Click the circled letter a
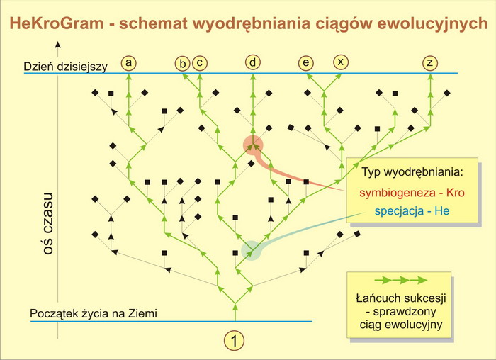pos(128,63)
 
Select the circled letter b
pos(183,64)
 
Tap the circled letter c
pos(200,62)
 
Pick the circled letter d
pos(253,62)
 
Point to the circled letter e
pos(306,62)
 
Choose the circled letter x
pos(341,62)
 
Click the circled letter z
pos(430,62)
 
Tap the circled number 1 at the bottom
pos(235,341)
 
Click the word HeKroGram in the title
pos(57,23)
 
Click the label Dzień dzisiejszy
pos(65,67)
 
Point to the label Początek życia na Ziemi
pos(94,313)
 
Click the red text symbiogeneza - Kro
pos(412,192)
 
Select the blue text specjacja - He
pos(412,211)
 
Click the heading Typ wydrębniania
pos(412,172)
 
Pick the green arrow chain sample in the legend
pos(401,281)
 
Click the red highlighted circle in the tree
pos(253,145)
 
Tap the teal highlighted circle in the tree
pos(252,251)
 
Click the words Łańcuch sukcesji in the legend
pos(401,298)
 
